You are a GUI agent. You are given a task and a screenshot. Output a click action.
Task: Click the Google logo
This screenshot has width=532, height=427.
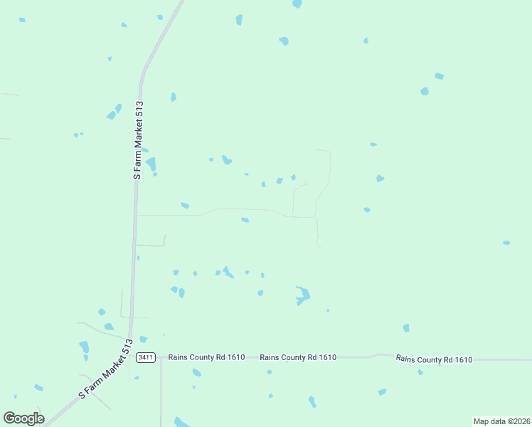coord(23,418)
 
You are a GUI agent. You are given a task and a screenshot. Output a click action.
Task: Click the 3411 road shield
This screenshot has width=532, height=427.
coord(146,357)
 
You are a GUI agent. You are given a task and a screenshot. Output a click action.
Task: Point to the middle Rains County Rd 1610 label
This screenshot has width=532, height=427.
coord(298,357)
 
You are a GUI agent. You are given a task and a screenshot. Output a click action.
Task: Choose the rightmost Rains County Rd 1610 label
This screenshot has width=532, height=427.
coord(434,359)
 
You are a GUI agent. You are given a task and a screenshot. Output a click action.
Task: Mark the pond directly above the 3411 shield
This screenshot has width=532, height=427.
coord(143,339)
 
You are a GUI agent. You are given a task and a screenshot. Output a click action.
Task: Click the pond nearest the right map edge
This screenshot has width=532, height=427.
coord(506,243)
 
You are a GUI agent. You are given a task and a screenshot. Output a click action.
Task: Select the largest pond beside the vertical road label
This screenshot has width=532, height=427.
coord(151,164)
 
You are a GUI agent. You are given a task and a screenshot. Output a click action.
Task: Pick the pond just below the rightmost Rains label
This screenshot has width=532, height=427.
coord(420,371)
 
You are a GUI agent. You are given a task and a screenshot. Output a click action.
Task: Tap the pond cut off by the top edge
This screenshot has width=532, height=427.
coord(297,4)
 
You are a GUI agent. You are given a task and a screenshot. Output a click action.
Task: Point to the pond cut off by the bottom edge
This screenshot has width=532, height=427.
coord(182,422)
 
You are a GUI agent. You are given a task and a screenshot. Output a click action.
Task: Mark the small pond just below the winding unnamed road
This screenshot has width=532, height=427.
coord(245,220)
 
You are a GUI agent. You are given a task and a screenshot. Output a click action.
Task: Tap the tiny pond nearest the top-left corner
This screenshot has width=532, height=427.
coord(22,20)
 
